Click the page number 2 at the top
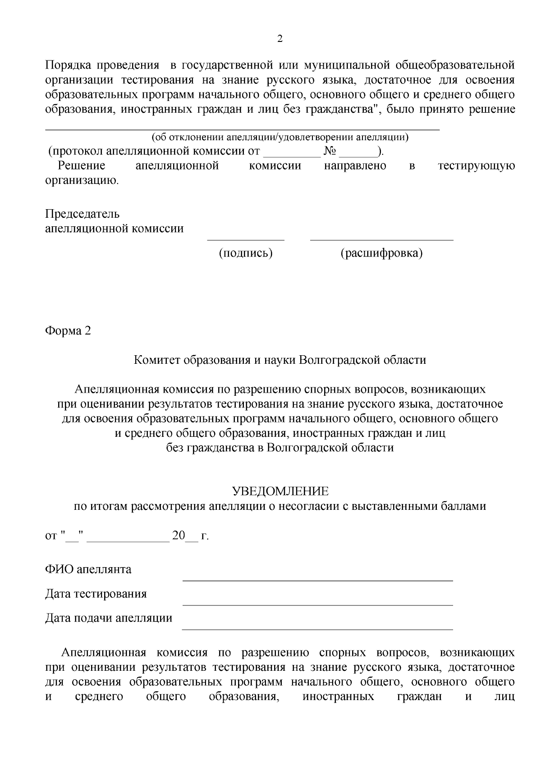280,39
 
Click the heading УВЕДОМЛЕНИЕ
280,491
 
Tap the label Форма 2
68,331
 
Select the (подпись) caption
246,253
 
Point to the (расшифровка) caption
381,253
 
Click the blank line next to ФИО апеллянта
317,581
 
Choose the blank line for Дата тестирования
317,605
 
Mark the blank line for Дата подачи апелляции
317,629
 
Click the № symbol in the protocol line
330,151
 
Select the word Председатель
82,214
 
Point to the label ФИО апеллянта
88,569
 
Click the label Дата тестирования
96,594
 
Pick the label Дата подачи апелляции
108,618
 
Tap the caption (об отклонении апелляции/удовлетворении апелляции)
280,137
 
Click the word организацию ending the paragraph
82,181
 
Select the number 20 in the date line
179,536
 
